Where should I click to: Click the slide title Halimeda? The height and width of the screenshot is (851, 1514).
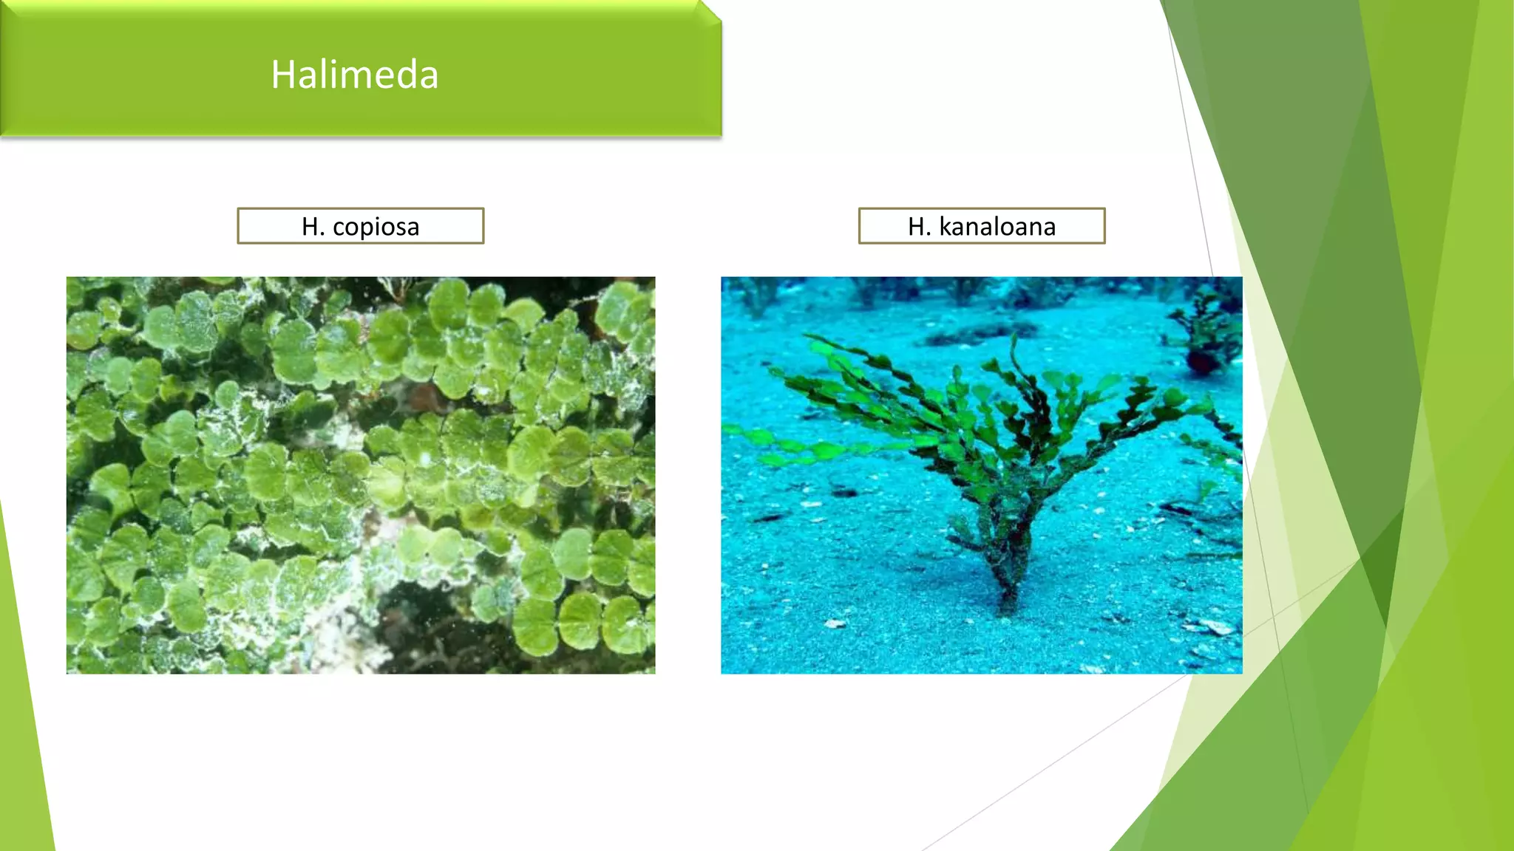coord(355,75)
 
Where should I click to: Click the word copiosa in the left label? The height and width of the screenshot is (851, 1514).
coord(376,226)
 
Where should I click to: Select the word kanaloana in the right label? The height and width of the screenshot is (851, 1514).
coord(997,226)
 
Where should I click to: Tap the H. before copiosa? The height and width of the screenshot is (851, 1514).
coord(313,226)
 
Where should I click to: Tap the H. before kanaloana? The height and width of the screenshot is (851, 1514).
coord(919,226)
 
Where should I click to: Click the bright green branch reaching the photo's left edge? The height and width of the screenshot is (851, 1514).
coord(739,431)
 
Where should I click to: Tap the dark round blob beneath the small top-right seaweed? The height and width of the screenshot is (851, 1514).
coord(1201,362)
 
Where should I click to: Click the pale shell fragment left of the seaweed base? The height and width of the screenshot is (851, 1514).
coord(835,624)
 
